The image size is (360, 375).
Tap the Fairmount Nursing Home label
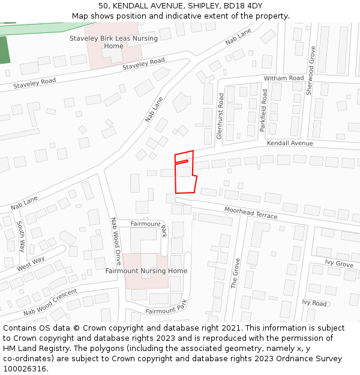coord(146,271)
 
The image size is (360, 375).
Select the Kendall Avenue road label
coord(290,143)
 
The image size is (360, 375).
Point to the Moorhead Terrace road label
coord(251,212)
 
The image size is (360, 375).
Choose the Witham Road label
coord(284,79)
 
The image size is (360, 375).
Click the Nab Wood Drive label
coord(115,241)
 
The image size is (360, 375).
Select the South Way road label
coord(21,236)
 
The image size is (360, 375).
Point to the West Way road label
coord(31,263)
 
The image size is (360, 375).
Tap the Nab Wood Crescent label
coord(50,302)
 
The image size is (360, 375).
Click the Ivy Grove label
coord(339,263)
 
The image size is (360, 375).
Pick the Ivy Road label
coord(314,303)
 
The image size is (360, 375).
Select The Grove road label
coord(235,273)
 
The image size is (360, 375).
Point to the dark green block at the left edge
coord(4,50)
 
